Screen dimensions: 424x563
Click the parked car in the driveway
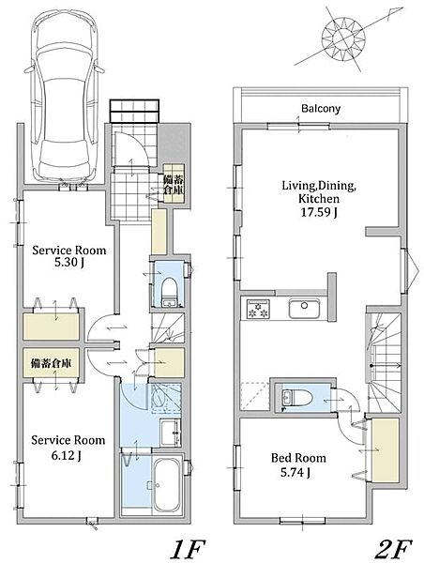(x=65, y=95)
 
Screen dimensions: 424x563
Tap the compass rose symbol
(x=343, y=38)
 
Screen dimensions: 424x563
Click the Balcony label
(x=321, y=109)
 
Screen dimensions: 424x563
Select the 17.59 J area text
(x=318, y=213)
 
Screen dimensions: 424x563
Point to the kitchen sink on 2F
(x=304, y=308)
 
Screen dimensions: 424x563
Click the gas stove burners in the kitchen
(x=258, y=309)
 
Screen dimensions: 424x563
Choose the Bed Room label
(x=298, y=458)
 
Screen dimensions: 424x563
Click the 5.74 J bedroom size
(x=295, y=473)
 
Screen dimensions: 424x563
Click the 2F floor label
(x=393, y=549)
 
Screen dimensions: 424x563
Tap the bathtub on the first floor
(x=167, y=485)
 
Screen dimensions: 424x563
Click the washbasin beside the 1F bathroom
(x=171, y=432)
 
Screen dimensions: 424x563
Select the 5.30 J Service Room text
(x=69, y=263)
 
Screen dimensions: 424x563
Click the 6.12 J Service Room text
(x=67, y=455)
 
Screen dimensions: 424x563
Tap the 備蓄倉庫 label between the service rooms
(x=51, y=363)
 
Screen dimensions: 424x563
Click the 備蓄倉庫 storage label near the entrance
(x=174, y=184)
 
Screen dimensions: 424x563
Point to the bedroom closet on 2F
(x=385, y=450)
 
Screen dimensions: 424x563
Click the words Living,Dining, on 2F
(x=319, y=186)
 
